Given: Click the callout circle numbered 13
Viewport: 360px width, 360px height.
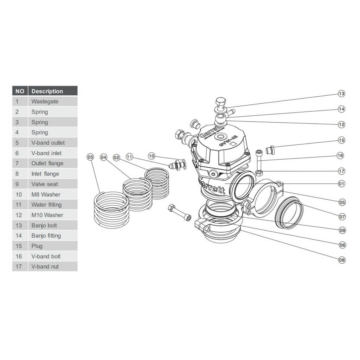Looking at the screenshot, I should tap(341, 94).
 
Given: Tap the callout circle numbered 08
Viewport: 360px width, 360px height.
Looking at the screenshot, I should tap(342, 260).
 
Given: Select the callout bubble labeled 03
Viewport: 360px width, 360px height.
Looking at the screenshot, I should tap(91, 157).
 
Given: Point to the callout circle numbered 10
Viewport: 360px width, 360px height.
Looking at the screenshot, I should tap(152, 156).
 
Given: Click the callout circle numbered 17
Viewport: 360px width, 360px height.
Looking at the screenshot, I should tap(341, 171).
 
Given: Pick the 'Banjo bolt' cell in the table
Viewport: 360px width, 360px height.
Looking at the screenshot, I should tap(53, 225).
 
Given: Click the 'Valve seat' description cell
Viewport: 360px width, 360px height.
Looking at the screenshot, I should tap(53, 184).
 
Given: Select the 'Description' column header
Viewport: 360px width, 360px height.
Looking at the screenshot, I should tap(53, 91).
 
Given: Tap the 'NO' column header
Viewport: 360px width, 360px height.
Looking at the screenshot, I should tap(20, 91).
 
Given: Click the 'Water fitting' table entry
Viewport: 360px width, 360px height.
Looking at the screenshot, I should tap(53, 205).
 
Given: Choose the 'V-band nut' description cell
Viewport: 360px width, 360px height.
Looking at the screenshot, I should tap(53, 266).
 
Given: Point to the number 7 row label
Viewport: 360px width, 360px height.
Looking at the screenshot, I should tap(17, 163).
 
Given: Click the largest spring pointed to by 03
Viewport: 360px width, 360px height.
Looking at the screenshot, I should tap(111, 210).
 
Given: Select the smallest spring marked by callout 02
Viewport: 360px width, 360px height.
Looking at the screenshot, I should tap(157, 183).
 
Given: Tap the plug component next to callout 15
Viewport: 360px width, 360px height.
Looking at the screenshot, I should tap(270, 150).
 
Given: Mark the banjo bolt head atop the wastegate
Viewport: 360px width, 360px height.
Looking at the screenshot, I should tap(220, 103).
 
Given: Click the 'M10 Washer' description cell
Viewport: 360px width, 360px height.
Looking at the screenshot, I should tap(53, 215).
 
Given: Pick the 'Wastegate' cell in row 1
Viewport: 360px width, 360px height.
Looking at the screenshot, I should tap(53, 102).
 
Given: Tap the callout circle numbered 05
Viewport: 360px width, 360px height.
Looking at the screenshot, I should tap(342, 202).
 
